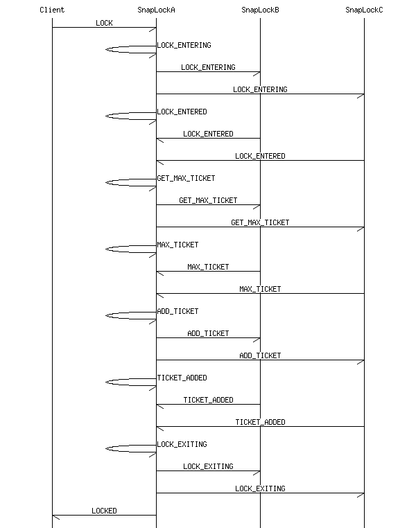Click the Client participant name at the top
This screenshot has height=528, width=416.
click(52, 10)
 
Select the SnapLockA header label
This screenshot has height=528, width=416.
click(156, 10)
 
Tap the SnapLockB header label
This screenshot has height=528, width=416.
click(260, 10)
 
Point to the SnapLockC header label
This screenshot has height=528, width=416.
click(364, 10)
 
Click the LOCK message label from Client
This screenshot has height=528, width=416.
click(104, 24)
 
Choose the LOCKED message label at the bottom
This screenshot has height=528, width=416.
click(104, 511)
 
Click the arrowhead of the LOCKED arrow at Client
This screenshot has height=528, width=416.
click(55, 516)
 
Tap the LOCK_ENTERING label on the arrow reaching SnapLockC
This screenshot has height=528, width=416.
click(260, 90)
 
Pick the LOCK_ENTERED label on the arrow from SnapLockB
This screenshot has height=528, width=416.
click(208, 134)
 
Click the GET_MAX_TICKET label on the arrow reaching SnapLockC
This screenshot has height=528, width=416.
click(260, 223)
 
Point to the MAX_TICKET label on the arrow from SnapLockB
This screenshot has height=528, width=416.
click(208, 267)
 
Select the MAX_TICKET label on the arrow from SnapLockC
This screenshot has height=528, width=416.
click(260, 290)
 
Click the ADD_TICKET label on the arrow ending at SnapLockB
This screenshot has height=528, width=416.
click(208, 334)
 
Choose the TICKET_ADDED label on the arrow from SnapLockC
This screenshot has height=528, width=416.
click(260, 423)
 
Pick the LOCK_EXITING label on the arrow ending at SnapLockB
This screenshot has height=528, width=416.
click(208, 467)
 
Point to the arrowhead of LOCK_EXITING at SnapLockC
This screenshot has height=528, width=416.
click(361, 493)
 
